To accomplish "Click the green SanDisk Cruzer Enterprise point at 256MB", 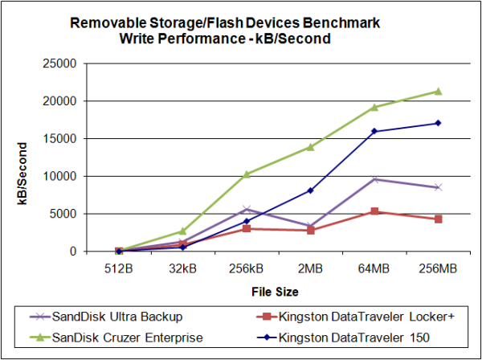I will tap(438, 91).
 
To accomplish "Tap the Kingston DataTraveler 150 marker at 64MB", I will tap(374, 131).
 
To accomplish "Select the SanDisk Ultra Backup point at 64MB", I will tap(374, 178).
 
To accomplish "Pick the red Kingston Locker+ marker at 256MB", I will tap(438, 219).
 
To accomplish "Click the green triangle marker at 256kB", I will tap(247, 174).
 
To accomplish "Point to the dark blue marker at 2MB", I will tap(310, 190).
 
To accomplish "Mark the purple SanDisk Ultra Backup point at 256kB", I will tap(247, 209).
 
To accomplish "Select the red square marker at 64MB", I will tap(374, 211).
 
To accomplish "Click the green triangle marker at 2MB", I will tap(310, 147).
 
